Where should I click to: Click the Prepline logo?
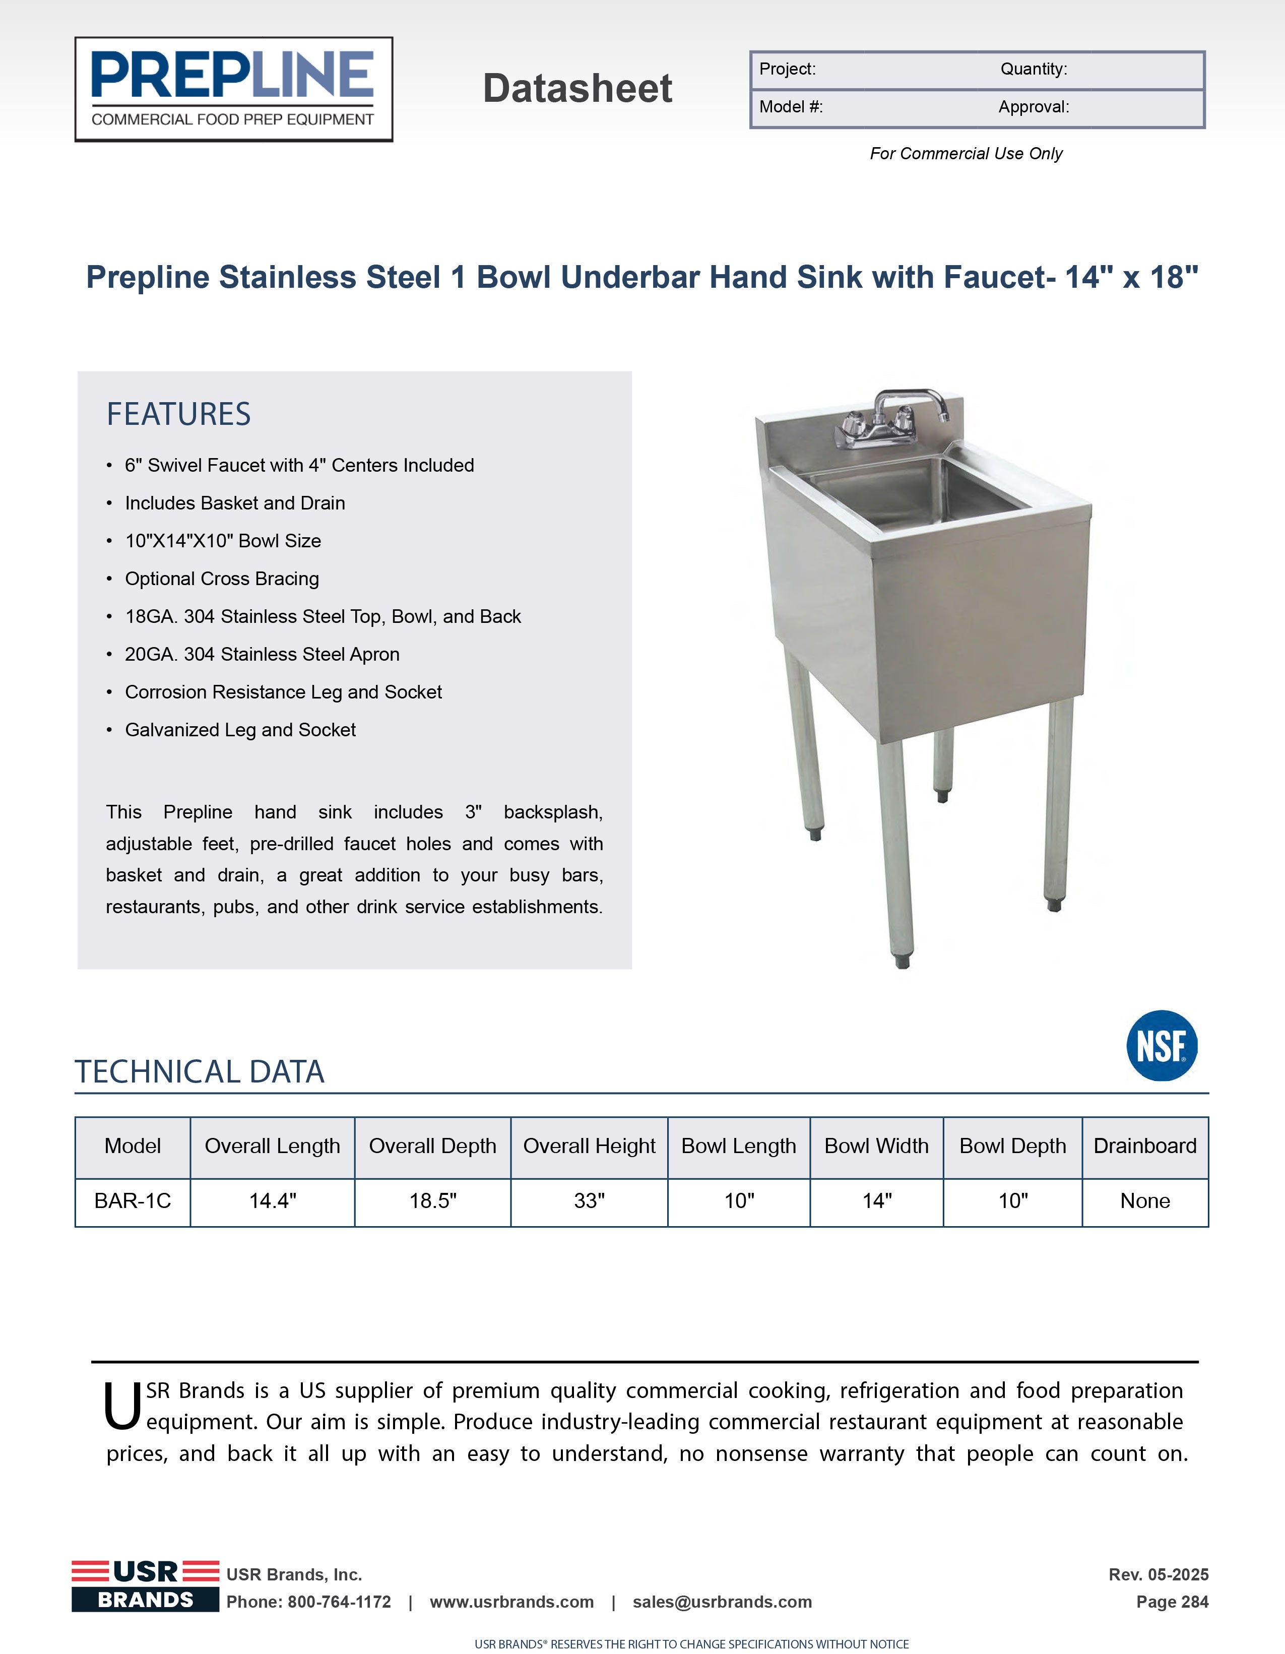[233, 89]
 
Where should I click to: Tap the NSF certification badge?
[1162, 1045]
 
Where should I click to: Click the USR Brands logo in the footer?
[146, 1586]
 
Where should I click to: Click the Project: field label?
[788, 69]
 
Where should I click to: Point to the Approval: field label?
[1034, 107]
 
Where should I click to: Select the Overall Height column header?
[589, 1146]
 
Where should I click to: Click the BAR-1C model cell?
[133, 1201]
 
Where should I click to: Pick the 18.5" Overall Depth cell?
[432, 1201]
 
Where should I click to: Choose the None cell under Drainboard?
[1145, 1201]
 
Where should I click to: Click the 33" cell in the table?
[589, 1201]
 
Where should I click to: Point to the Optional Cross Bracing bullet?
[222, 579]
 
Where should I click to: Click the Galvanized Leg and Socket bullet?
[240, 730]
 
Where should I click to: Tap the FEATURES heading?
[179, 414]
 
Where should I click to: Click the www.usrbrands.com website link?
[512, 1602]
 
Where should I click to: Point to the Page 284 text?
[1172, 1602]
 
